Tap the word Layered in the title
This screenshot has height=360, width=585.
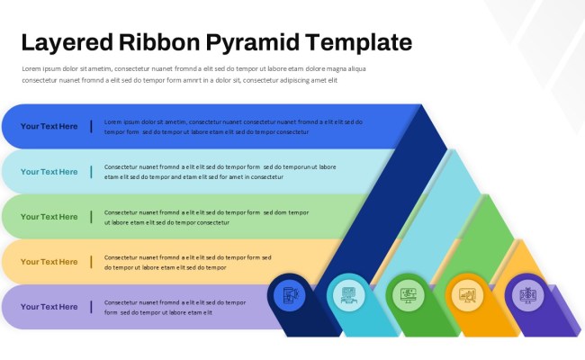(65, 42)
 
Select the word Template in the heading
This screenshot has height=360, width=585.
(359, 42)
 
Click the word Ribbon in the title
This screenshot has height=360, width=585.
(158, 42)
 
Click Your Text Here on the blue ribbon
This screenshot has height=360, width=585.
(49, 127)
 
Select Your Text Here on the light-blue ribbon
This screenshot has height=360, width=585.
(49, 172)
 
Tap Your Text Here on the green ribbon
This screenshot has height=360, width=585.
(49, 217)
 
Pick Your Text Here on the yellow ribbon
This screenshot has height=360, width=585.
(49, 262)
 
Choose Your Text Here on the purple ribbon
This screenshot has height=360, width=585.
(49, 307)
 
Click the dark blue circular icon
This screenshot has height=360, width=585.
(289, 294)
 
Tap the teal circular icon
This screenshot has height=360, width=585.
(347, 294)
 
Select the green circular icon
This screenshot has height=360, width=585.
(407, 294)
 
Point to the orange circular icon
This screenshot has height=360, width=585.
(466, 294)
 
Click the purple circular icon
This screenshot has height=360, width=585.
(526, 294)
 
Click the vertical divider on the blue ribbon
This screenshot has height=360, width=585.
(91, 127)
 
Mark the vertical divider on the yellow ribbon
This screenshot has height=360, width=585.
(91, 262)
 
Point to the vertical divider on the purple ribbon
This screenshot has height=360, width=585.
(91, 307)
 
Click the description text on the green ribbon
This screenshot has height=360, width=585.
(206, 217)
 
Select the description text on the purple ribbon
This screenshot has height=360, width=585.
(175, 307)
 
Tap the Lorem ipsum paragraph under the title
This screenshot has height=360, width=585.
(193, 74)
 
